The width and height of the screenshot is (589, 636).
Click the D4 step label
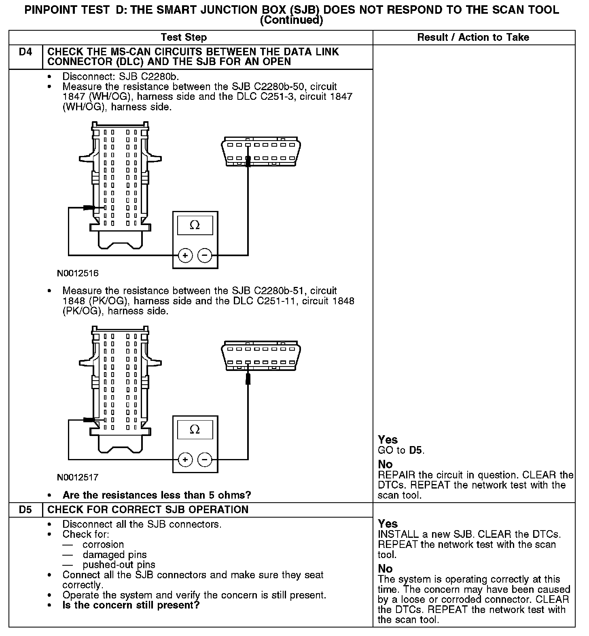tap(25, 52)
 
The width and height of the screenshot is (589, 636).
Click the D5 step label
tap(25, 510)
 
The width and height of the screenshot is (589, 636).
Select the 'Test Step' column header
tap(184, 38)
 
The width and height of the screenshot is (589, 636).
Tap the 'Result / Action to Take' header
tap(473, 38)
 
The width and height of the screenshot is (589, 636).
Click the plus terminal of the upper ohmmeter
tap(185, 255)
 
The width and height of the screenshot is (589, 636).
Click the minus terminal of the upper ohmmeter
tap(205, 255)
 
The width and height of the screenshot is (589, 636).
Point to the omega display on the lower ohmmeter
tap(195, 430)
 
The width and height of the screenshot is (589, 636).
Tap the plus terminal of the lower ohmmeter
tap(185, 459)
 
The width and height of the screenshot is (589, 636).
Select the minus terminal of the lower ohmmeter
tap(205, 459)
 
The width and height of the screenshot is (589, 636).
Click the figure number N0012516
tap(78, 274)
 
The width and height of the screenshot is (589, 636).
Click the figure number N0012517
tap(78, 478)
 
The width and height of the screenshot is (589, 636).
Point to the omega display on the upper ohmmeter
tap(195, 225)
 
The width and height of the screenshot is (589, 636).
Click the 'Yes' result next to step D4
tap(388, 440)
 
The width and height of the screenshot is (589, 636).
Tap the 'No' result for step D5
tap(385, 569)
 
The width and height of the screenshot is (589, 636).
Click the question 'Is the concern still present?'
tap(131, 605)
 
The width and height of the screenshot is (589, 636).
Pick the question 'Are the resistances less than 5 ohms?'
tap(157, 495)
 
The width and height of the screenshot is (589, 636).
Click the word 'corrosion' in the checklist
tap(103, 545)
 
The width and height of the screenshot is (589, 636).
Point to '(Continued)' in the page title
tap(291, 20)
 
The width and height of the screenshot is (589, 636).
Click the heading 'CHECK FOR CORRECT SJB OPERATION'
tap(148, 510)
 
